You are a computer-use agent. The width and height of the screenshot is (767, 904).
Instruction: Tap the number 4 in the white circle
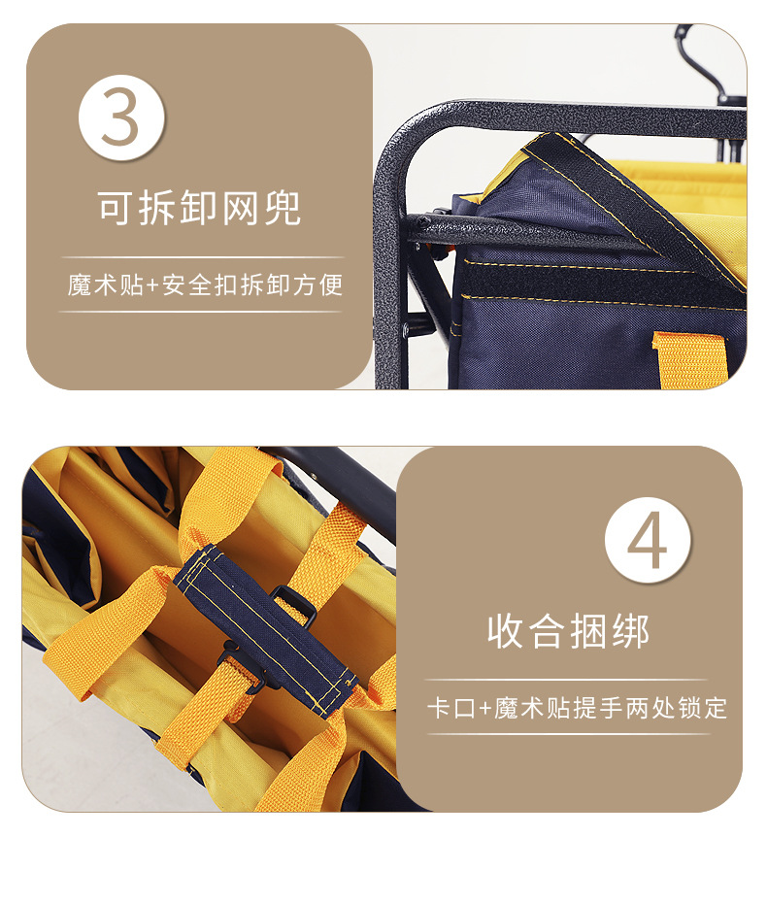648,539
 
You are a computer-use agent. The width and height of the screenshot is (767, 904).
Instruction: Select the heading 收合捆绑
568,632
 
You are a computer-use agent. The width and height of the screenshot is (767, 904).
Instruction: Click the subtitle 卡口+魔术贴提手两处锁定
577,708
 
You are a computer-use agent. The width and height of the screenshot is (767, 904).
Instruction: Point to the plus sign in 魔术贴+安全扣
151,285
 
